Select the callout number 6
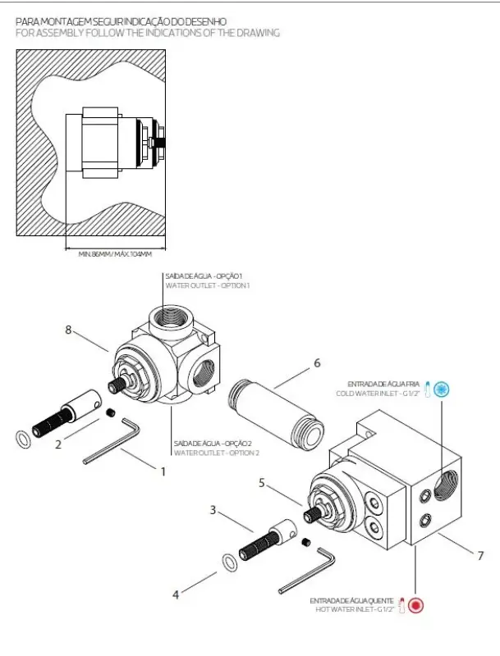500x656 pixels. coord(317,362)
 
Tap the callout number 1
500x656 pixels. coord(163,471)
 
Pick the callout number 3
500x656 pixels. coord(213,509)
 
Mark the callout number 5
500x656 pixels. coord(262,484)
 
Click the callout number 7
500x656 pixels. coord(481,555)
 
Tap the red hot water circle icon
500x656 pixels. coord(416,606)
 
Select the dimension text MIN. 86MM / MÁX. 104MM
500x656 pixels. coord(116,254)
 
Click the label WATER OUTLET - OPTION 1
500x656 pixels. coord(207,285)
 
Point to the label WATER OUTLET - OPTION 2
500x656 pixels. coord(216,453)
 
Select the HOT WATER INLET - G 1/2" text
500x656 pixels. coord(354,611)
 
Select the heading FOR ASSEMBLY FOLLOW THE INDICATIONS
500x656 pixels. coord(148,33)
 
